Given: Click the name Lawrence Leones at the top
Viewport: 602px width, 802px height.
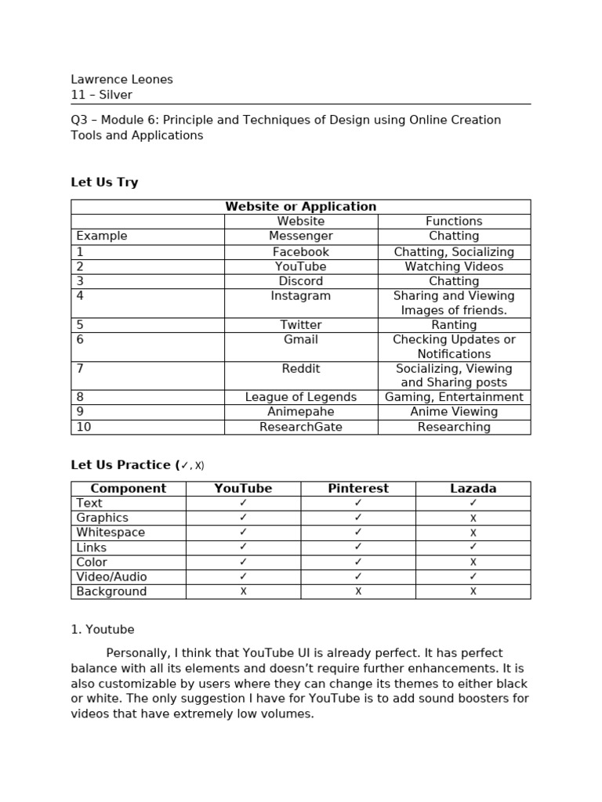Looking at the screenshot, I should click(121, 79).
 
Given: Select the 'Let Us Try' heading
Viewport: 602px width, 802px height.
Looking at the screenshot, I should click(104, 182).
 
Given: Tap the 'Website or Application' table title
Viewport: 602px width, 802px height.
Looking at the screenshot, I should click(300, 207).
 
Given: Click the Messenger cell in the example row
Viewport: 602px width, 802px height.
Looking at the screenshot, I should click(300, 236).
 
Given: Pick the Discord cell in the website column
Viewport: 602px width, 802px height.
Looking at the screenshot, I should click(300, 281).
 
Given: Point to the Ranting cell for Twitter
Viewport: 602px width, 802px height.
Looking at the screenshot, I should click(454, 325).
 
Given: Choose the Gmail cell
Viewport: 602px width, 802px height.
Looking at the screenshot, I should click(300, 340).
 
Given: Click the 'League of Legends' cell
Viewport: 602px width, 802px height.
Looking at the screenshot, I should click(300, 397).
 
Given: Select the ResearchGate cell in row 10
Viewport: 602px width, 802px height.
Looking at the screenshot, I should click(300, 427).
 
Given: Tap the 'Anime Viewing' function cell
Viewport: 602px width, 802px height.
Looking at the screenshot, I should click(454, 412).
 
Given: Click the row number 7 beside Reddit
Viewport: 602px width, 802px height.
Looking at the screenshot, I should click(80, 369).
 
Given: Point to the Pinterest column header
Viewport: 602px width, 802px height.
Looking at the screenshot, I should click(357, 489).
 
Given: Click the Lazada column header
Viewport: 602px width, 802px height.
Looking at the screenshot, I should click(473, 489).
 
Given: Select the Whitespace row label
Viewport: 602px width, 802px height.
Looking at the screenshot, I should click(111, 533).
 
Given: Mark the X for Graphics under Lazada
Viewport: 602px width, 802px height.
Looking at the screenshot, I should click(473, 518).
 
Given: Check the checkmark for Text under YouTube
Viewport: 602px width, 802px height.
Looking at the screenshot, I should click(243, 503).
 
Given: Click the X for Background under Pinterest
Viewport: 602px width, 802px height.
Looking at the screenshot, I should click(358, 591).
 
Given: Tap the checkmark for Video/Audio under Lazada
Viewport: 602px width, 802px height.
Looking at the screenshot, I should click(473, 576).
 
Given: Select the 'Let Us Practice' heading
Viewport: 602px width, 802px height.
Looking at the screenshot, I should click(123, 465).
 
